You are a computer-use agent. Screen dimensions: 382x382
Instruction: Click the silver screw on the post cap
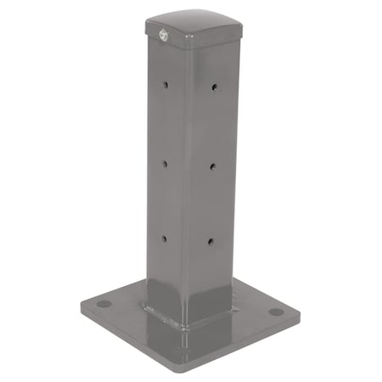tap(161, 35)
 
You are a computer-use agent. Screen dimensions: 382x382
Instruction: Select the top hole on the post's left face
tap(166, 85)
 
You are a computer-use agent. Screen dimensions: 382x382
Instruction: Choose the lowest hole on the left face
tap(165, 238)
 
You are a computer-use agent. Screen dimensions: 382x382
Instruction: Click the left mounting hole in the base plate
tap(103, 303)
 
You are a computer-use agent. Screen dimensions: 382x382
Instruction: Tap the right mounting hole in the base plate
tap(276, 312)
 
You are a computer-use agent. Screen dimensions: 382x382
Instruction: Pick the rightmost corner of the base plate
tap(298, 311)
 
